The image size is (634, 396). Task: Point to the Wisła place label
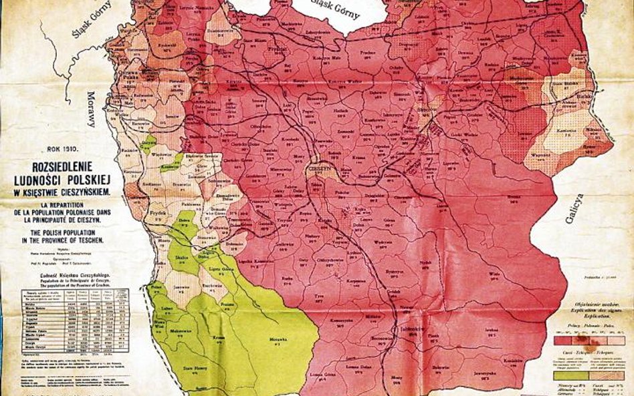(494, 274)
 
